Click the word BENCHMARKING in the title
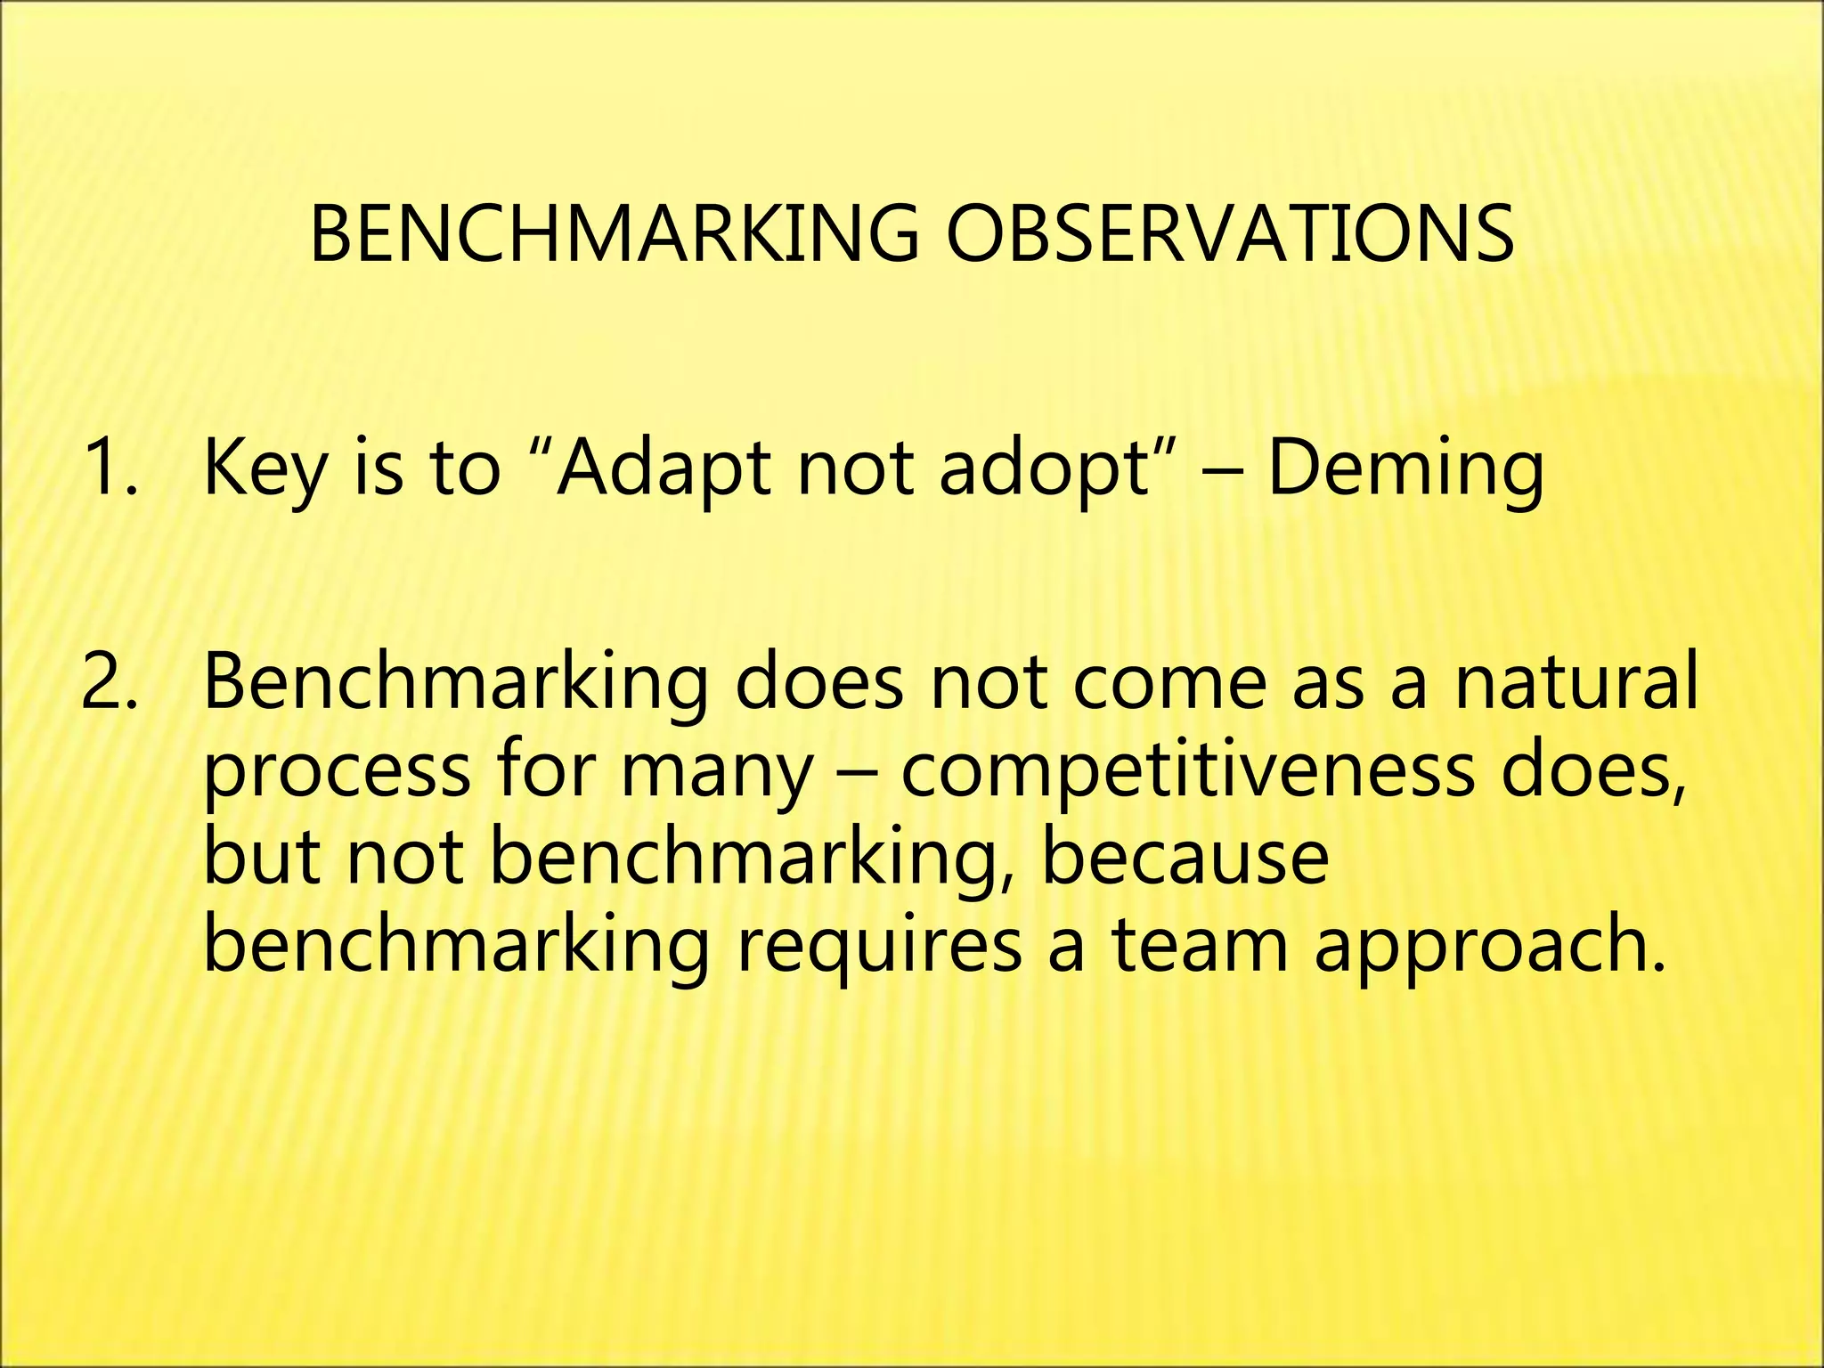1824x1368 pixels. [614, 233]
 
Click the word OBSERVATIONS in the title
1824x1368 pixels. [1229, 233]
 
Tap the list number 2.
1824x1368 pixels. [109, 682]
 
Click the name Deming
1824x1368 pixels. [1405, 469]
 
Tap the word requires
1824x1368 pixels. [878, 946]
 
